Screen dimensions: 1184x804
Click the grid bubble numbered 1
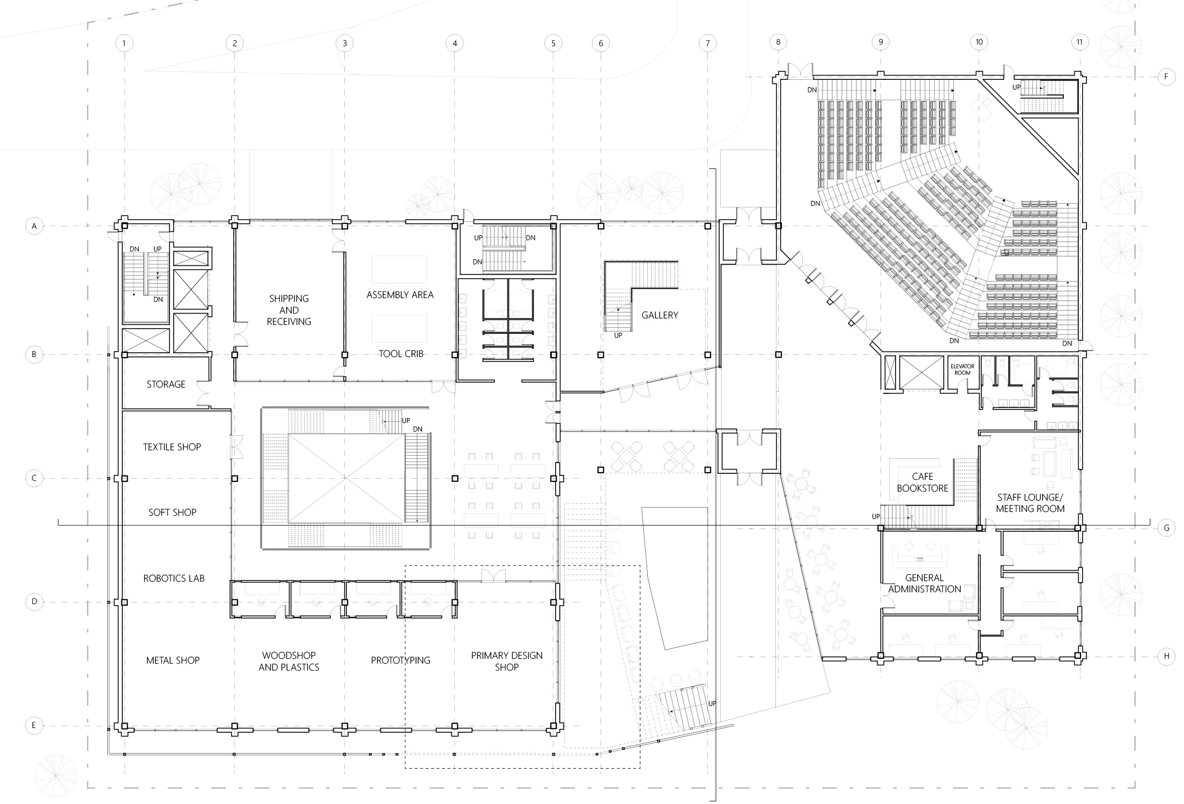point(124,43)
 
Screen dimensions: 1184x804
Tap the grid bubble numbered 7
point(707,43)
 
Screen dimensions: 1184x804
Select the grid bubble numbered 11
point(1079,42)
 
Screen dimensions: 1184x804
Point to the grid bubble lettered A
point(34,226)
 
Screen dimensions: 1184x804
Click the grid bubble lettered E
point(34,726)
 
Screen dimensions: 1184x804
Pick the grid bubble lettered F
point(1166,77)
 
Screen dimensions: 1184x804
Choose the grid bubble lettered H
point(1166,656)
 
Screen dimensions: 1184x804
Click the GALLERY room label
point(660,315)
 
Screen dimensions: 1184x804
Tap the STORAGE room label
point(166,384)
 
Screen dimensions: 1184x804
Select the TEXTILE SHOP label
point(172,447)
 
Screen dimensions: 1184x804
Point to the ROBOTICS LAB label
point(174,578)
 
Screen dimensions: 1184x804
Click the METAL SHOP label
point(173,660)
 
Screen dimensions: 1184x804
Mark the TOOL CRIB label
point(401,354)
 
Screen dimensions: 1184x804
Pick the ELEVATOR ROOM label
point(963,369)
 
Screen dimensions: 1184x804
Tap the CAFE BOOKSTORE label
point(922,482)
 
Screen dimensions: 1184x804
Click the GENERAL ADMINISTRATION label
point(924,583)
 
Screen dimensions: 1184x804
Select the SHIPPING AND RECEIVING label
point(289,310)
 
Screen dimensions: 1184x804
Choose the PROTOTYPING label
point(401,660)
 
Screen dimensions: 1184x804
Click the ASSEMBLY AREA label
point(400,295)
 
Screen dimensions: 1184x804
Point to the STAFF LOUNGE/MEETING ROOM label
point(1030,503)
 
